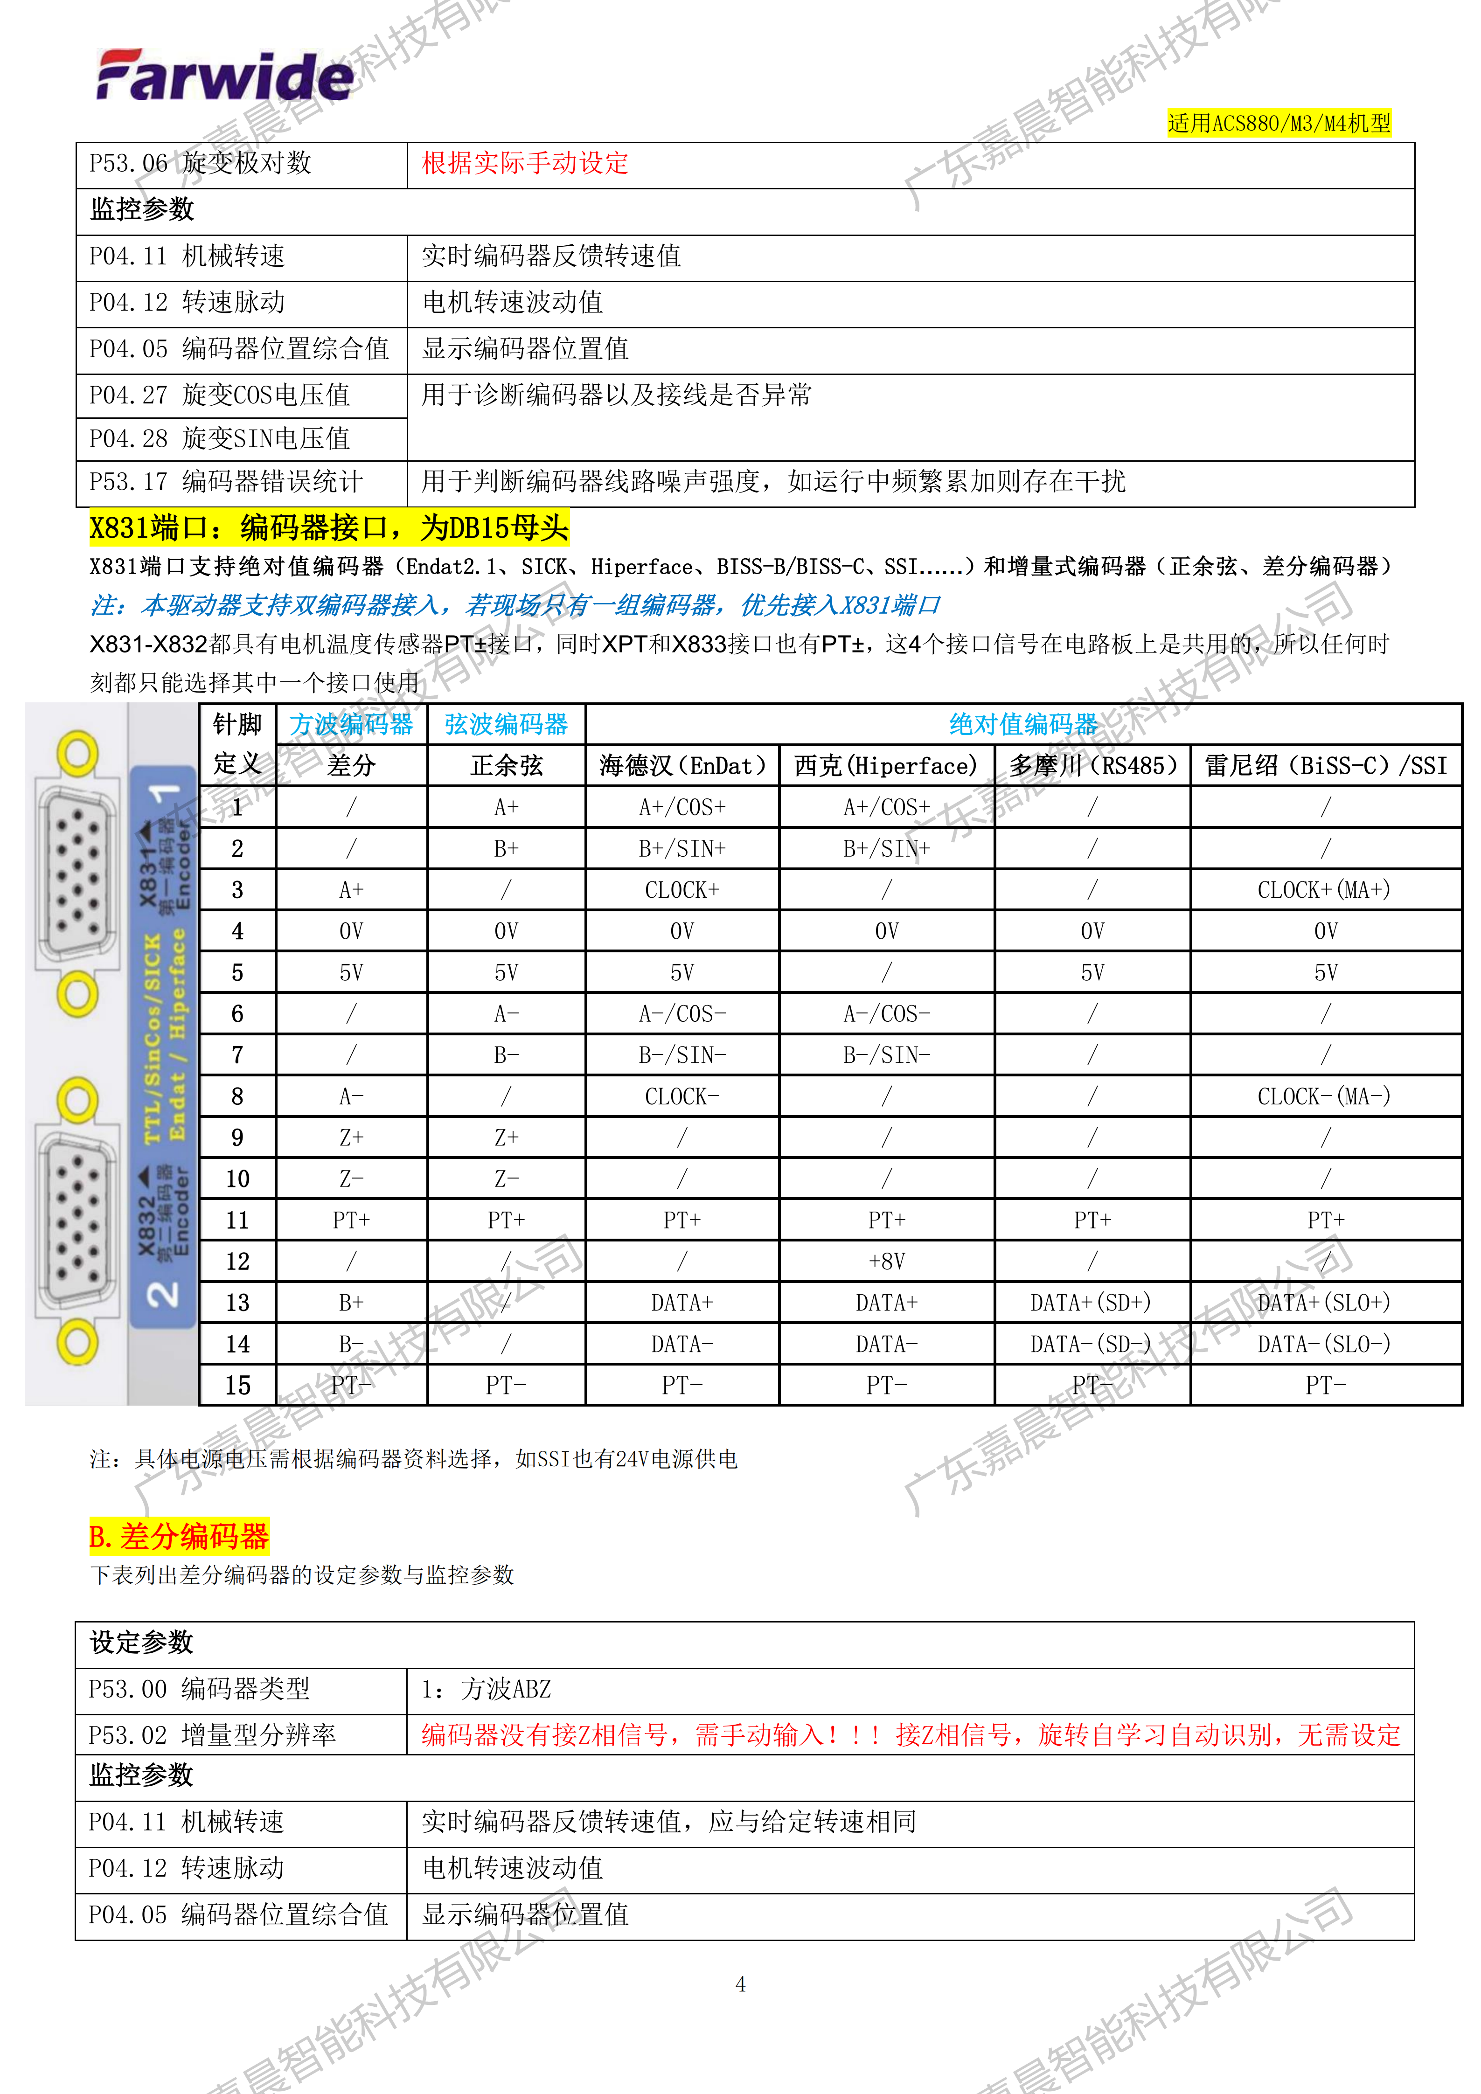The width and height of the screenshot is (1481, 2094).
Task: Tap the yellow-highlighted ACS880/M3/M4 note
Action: pos(1279,123)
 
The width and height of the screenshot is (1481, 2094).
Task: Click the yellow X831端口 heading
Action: pos(328,528)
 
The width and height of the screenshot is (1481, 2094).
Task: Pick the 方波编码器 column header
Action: pos(351,724)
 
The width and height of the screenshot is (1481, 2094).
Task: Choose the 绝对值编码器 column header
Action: pos(1023,724)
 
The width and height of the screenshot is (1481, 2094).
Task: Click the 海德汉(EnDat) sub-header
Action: pos(682,765)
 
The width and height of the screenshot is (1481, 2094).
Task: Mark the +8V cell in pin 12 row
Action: pos(886,1262)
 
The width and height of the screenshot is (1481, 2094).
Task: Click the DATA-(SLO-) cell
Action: pos(1325,1344)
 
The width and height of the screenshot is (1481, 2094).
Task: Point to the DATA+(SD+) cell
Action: pos(1092,1303)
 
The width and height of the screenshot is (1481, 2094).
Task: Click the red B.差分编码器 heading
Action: pos(179,1537)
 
